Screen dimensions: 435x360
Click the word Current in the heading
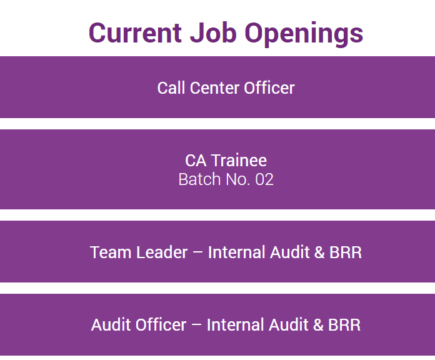(x=135, y=32)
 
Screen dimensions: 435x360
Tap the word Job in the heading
(x=213, y=32)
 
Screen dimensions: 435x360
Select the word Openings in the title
(x=304, y=34)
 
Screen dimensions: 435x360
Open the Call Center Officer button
(x=217, y=87)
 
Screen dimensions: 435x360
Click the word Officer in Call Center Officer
(x=269, y=88)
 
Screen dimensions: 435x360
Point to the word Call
(x=171, y=88)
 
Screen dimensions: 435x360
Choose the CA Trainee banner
(x=217, y=169)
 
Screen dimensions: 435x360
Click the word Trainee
(x=239, y=160)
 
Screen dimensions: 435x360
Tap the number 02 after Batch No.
(x=264, y=179)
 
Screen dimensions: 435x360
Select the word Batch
(x=199, y=179)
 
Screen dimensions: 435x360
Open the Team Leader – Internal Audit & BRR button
(x=217, y=251)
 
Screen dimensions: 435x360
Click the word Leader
(x=162, y=252)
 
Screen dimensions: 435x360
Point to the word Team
(x=111, y=252)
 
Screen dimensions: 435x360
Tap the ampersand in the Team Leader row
(x=319, y=252)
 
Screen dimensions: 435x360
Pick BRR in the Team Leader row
(x=346, y=252)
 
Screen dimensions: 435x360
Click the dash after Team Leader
(x=197, y=252)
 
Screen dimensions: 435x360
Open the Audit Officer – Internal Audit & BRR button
(x=217, y=324)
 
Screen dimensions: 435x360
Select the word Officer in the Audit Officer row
(x=161, y=325)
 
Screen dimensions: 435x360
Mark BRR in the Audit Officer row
(x=344, y=325)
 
